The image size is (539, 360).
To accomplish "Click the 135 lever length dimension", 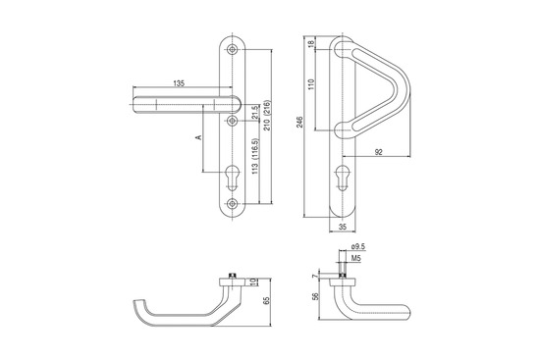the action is click(x=179, y=83).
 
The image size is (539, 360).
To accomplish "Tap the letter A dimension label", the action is click(x=198, y=137).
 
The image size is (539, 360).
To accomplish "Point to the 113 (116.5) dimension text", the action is click(x=255, y=156).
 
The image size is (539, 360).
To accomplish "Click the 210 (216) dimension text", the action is click(x=267, y=115).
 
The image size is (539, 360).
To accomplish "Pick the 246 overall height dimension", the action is click(x=299, y=123).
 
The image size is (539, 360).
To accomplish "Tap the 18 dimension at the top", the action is click(x=312, y=43).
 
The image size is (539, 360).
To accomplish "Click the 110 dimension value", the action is click(x=312, y=84).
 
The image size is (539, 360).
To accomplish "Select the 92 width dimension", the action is click(x=378, y=152).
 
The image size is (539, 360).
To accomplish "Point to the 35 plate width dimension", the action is click(x=343, y=227).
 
